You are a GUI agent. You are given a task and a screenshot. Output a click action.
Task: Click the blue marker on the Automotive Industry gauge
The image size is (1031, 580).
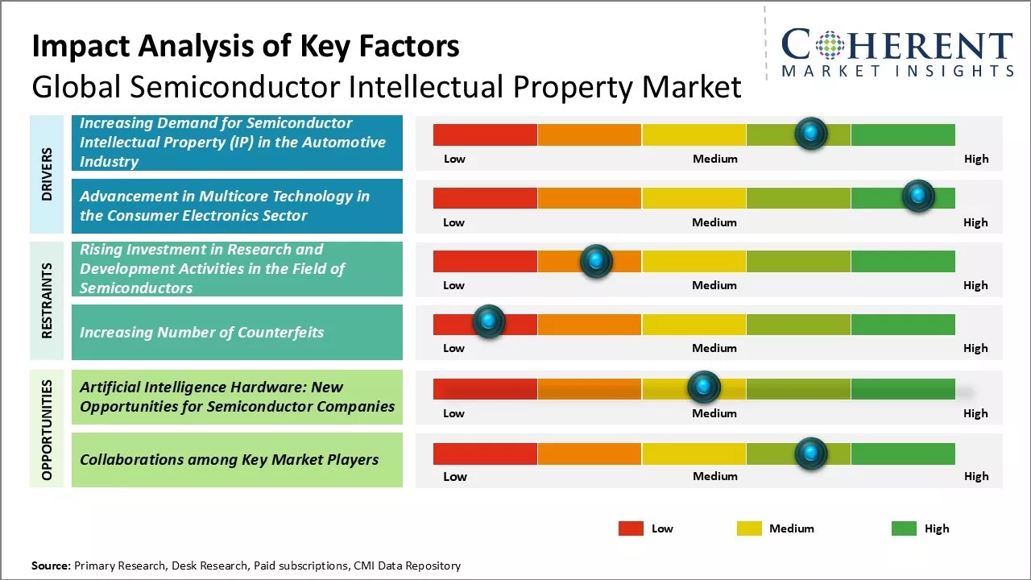[x=811, y=133]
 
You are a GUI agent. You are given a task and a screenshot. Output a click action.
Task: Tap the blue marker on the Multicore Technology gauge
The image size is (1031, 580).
[x=917, y=196]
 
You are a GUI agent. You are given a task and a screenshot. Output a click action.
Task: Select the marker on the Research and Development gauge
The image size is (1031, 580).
[x=596, y=260]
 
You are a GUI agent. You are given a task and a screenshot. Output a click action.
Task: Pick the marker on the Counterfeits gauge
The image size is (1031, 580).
[x=488, y=321]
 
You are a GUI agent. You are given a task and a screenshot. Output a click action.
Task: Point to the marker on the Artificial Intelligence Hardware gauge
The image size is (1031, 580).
[x=703, y=387]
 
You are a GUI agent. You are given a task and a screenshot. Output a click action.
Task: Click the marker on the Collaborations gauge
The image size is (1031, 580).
[x=810, y=454]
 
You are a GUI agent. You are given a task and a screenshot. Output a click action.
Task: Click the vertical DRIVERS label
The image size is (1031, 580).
[x=47, y=174]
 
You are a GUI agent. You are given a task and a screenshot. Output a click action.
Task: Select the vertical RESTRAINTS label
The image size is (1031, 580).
[x=47, y=300]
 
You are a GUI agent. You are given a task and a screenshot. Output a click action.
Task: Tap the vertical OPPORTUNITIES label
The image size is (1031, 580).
[x=47, y=429]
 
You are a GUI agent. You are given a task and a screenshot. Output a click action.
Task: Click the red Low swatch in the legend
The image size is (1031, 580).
[x=631, y=528]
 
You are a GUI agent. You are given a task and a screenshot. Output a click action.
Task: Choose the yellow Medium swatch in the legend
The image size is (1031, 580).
[x=749, y=528]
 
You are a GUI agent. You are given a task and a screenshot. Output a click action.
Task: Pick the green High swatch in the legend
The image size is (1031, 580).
[x=904, y=528]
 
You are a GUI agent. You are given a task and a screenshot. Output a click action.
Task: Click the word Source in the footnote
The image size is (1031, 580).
[x=50, y=565]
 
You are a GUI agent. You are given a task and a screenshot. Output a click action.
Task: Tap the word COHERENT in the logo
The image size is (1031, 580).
[x=896, y=45]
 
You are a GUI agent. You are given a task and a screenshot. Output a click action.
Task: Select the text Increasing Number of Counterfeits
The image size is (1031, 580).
[x=201, y=332]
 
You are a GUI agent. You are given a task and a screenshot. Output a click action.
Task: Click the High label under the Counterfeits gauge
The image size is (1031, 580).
[x=975, y=348]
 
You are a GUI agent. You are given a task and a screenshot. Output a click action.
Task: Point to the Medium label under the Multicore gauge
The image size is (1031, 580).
[x=714, y=222]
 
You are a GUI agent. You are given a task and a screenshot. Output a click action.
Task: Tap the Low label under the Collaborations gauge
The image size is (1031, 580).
[x=455, y=476]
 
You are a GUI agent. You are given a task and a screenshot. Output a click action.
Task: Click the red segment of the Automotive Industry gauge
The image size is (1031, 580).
[x=485, y=135]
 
